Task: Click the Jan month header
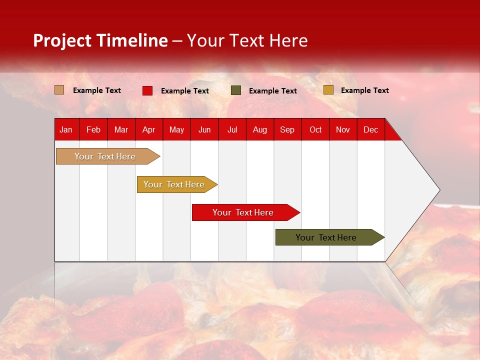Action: [x=66, y=129]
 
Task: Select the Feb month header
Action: [x=93, y=129]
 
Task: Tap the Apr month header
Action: [x=148, y=129]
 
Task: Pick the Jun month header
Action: [x=204, y=129]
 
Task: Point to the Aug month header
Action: [x=259, y=129]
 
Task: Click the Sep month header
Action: [x=287, y=129]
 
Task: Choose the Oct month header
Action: [x=315, y=129]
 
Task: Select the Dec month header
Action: [x=370, y=129]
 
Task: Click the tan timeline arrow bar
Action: [x=105, y=156]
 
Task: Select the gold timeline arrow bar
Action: [x=174, y=184]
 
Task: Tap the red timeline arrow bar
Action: [x=243, y=212]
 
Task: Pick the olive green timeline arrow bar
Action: [x=327, y=237]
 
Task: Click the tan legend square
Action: [x=59, y=90]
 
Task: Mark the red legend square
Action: [x=147, y=90]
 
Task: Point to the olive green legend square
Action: [x=236, y=90]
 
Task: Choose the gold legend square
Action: [x=328, y=90]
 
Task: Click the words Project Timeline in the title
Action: [x=100, y=40]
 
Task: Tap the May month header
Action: [x=176, y=129]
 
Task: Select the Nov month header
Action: [x=343, y=129]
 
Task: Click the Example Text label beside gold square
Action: [x=364, y=90]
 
